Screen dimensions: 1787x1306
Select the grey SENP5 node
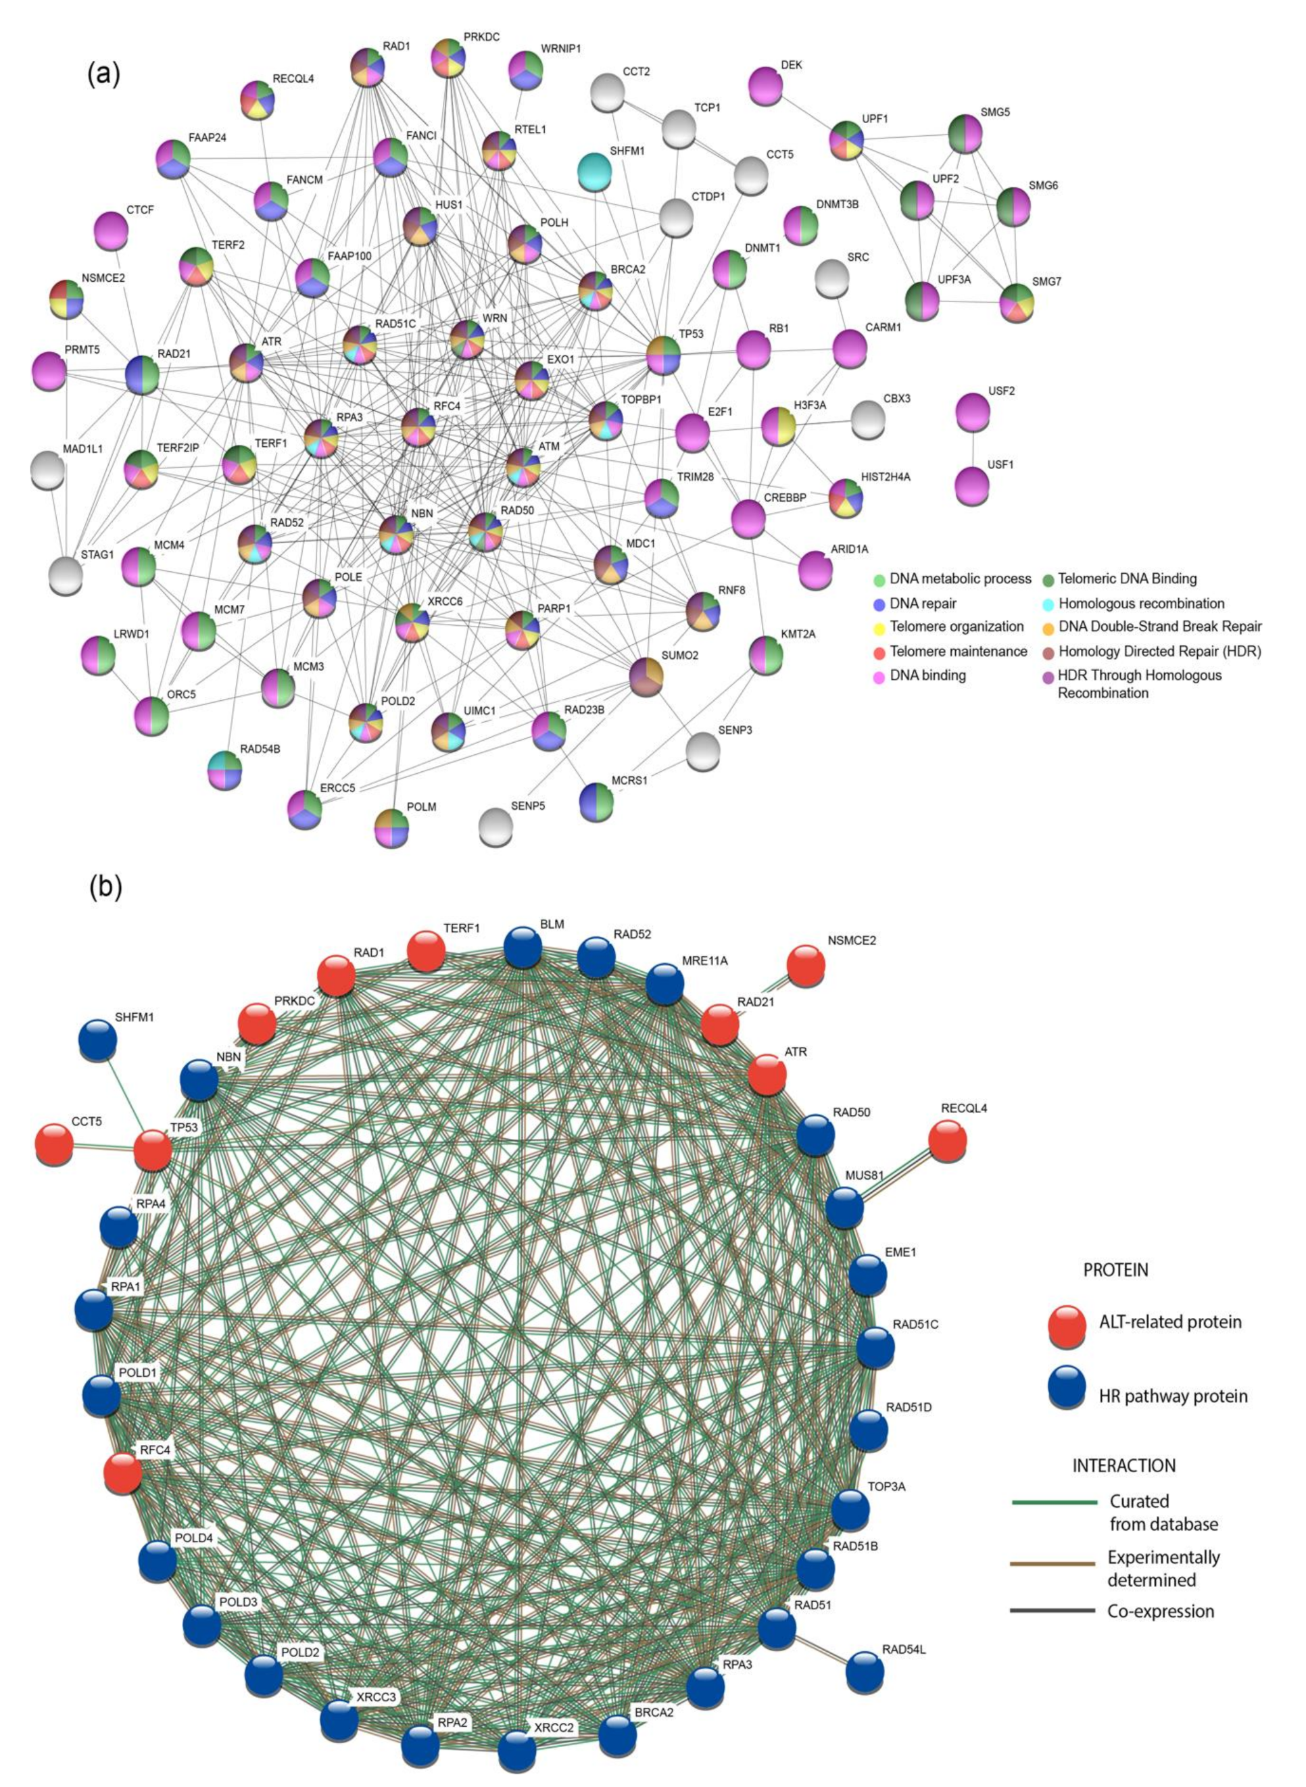496,825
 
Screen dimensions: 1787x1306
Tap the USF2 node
972,411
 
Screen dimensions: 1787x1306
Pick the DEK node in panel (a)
764,84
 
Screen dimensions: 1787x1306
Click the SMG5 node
965,132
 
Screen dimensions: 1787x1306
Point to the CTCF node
111,230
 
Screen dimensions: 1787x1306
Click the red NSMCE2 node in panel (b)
806,965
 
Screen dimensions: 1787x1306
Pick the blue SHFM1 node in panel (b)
98,1039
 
